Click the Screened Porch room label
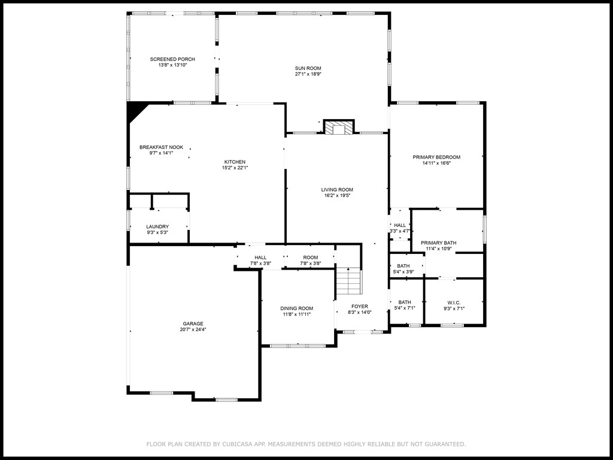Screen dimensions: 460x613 click(x=172, y=59)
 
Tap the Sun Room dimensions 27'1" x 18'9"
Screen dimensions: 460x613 click(x=308, y=74)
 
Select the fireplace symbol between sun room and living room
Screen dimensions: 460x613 click(x=339, y=127)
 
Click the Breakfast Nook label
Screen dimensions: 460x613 click(x=161, y=147)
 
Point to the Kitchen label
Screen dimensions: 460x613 click(x=235, y=162)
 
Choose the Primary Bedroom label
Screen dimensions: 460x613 click(x=436, y=157)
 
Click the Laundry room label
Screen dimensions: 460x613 click(x=157, y=226)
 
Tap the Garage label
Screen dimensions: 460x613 click(x=193, y=323)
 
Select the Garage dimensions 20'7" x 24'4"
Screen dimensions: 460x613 click(x=193, y=329)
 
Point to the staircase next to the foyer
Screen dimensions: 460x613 click(x=349, y=282)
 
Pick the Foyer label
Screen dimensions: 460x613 click(x=359, y=306)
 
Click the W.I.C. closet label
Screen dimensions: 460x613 click(x=454, y=302)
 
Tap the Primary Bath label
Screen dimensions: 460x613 click(x=442, y=243)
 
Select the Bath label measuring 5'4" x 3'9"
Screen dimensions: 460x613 click(x=403, y=266)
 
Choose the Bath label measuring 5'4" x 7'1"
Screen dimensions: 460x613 click(x=405, y=302)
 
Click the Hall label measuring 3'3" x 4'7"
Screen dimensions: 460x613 click(x=400, y=225)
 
